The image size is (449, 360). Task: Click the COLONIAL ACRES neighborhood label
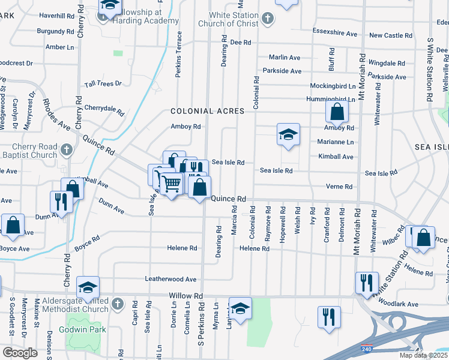[x=207, y=111]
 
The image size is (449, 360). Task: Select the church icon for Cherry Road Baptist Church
[x=66, y=149]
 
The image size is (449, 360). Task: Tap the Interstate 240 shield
[x=366, y=347]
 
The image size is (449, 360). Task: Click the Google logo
[x=20, y=352]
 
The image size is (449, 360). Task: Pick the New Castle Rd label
[x=390, y=35]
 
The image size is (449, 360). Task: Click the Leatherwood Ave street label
[x=170, y=279]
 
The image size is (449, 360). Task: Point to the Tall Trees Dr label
[x=103, y=84]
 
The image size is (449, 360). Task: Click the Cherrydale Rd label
[x=104, y=109]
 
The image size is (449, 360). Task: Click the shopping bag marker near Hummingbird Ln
[x=337, y=111]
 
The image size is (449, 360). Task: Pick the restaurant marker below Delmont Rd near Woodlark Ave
[x=329, y=316]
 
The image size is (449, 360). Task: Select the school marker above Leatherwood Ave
[x=88, y=286]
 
